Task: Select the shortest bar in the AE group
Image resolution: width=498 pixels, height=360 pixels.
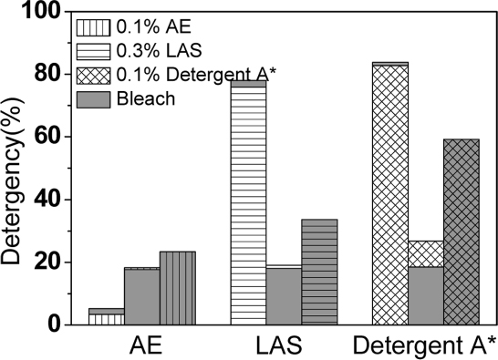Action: (x=106, y=316)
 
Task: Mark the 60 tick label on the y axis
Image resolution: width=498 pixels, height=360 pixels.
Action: (x=49, y=137)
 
